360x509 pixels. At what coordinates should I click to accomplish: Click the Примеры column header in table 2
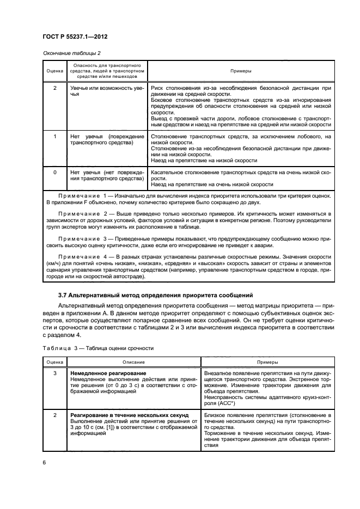(x=241, y=70)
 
